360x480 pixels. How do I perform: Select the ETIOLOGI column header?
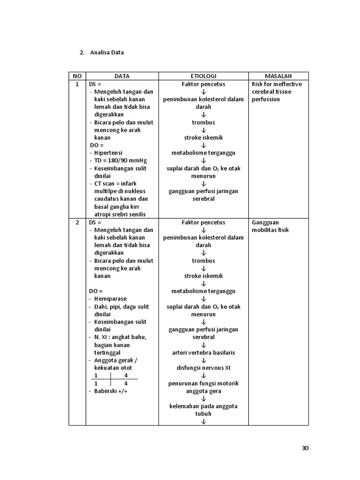[x=203, y=76]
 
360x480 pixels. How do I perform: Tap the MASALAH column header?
[x=278, y=76]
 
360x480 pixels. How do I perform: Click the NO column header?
[x=77, y=76]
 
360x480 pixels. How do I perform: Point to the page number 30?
[x=305, y=448]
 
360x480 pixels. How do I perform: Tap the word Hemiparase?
[x=110, y=299]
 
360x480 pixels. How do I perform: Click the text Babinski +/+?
[x=111, y=391]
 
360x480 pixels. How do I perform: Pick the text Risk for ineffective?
[x=277, y=84]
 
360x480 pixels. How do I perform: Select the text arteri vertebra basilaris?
[x=203, y=352]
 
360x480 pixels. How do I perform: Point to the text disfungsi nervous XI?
[x=203, y=368]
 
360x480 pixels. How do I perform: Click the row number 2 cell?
[x=77, y=222]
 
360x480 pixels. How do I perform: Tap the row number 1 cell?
[x=77, y=84]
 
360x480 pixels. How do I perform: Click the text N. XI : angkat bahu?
[x=120, y=337]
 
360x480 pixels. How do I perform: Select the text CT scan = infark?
[x=115, y=183]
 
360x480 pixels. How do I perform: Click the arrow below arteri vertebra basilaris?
[x=203, y=360]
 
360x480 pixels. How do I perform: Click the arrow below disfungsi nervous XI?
[x=203, y=376]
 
